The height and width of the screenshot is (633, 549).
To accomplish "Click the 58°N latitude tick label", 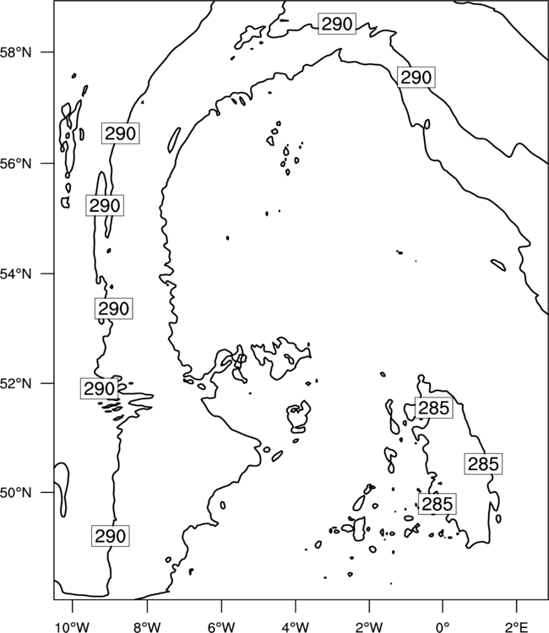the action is tap(16, 52).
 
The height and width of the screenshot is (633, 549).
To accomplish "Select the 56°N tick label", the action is tap(16, 164).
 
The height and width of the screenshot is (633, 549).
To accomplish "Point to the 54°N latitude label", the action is tap(16, 274).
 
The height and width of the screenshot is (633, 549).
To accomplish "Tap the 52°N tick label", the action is tap(16, 383).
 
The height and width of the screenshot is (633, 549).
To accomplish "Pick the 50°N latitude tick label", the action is tap(16, 493).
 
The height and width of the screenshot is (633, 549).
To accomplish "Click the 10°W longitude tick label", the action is tap(72, 627).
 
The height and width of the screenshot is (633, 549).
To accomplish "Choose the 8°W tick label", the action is tap(147, 627).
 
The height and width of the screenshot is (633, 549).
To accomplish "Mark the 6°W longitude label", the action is tap(221, 627).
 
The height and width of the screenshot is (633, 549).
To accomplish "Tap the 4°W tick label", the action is tap(296, 627).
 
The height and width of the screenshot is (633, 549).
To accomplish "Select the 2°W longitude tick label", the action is tap(369, 627).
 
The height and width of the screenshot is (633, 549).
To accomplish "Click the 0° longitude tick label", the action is tap(443, 627).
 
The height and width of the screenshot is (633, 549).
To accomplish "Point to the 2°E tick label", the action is tap(517, 627).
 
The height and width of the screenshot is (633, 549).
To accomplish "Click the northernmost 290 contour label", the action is tap(337, 24).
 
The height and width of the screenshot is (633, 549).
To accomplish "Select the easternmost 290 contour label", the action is tap(416, 77).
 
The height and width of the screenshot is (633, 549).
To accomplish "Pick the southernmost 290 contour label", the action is tap(111, 536).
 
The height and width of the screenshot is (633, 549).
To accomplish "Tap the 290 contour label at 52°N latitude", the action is tap(99, 388).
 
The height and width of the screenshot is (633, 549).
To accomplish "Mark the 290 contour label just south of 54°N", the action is tap(113, 308).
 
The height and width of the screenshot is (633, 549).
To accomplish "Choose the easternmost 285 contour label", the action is tap(483, 464).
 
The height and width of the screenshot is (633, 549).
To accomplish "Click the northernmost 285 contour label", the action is tap(433, 408).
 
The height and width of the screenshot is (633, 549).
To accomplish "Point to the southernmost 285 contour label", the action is tap(438, 503).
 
